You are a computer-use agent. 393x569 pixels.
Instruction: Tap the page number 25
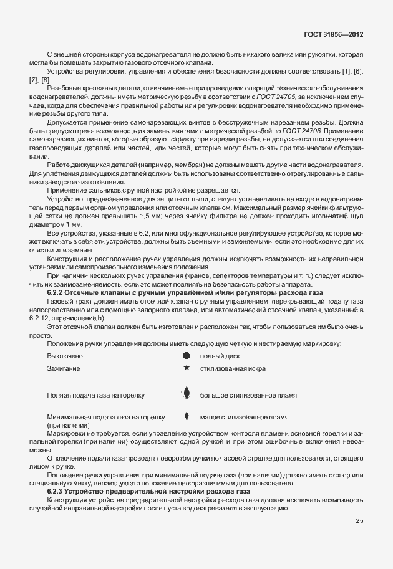359,521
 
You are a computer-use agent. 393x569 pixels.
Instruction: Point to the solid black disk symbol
186,355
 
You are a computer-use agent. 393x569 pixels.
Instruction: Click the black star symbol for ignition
186,368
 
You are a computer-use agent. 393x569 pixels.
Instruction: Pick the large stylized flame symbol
186,394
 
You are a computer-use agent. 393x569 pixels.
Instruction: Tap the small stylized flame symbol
186,416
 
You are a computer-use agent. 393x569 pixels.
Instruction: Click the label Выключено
65,356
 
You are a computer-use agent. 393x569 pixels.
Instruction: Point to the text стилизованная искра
232,369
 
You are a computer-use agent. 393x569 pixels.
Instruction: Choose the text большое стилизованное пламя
248,395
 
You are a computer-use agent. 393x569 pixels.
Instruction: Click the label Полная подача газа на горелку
95,395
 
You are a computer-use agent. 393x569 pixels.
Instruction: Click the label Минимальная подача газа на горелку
105,417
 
